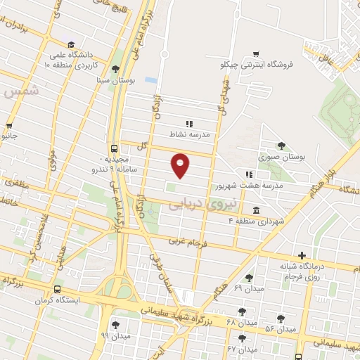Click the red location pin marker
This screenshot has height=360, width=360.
click(x=181, y=165)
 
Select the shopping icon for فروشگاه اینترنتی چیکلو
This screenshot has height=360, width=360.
click(x=256, y=54)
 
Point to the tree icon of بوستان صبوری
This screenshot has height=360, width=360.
click(x=282, y=146)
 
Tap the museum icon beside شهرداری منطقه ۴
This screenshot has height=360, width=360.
click(x=255, y=211)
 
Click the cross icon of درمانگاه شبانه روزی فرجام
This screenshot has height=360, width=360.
click(x=302, y=255)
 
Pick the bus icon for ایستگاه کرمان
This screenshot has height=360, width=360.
click(x=57, y=289)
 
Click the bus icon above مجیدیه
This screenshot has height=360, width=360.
click(x=113, y=148)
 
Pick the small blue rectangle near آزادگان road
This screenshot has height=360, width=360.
click(x=150, y=79)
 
